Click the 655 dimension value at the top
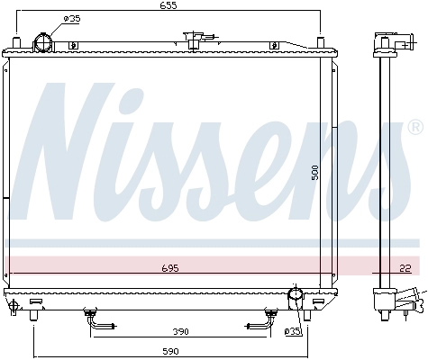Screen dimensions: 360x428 [170, 6]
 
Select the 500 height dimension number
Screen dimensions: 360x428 [315, 171]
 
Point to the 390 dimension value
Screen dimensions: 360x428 [181, 331]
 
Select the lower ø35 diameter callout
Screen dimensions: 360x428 [292, 332]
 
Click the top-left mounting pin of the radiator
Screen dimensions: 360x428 [16, 41]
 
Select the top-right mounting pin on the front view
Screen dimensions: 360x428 [321, 41]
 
